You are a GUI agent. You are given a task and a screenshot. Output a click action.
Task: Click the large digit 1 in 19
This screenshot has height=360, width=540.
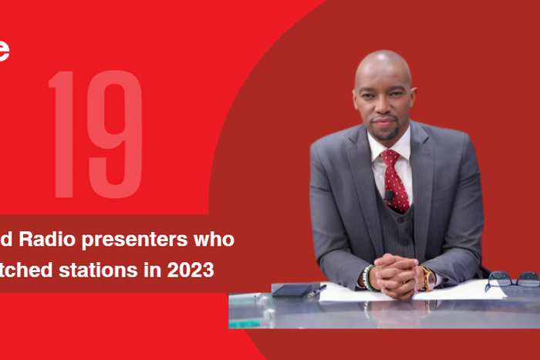tap(61, 135)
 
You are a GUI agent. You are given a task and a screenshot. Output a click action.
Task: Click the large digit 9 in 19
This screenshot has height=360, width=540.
tap(113, 135)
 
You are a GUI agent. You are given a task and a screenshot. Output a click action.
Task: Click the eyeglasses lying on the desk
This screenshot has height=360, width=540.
tap(511, 280)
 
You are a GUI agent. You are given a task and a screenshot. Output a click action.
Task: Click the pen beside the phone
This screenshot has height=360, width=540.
tap(317, 290)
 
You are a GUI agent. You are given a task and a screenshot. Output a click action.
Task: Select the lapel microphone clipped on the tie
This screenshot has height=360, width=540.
tap(390, 194)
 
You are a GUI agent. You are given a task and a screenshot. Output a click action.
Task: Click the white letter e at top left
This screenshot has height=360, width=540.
tap(4, 50)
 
